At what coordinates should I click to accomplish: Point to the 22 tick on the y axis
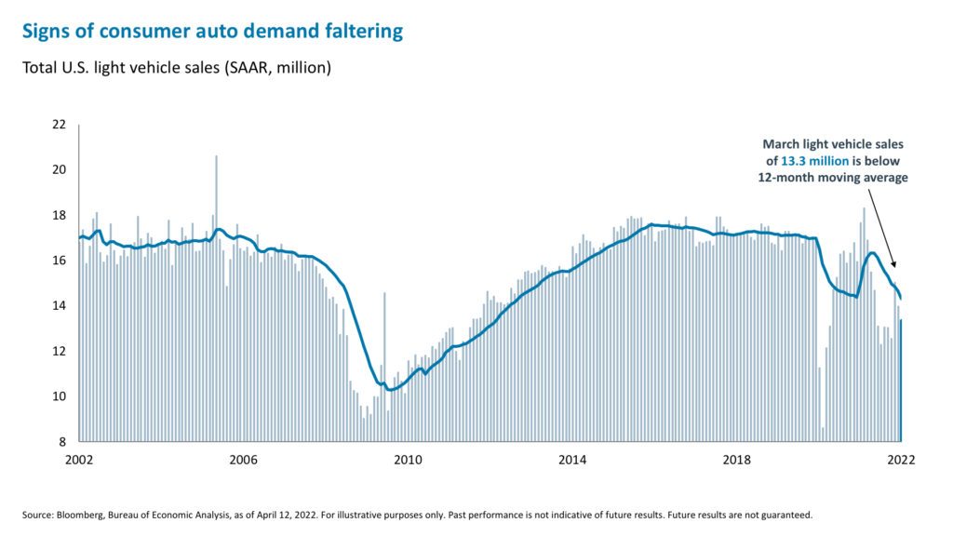point(59,125)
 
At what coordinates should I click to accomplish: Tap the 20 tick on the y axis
point(59,170)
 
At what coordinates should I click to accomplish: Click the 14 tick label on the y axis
point(59,306)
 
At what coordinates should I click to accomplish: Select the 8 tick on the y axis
point(62,442)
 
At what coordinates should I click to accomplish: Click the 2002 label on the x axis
point(79,460)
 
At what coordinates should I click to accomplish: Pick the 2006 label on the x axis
point(244,460)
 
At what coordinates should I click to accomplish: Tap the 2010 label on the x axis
point(409,460)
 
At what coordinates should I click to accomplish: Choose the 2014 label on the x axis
point(573,460)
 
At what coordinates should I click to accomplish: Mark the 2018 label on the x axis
point(738,460)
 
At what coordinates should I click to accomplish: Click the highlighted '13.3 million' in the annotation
point(816,161)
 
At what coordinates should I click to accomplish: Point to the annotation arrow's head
point(894,269)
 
